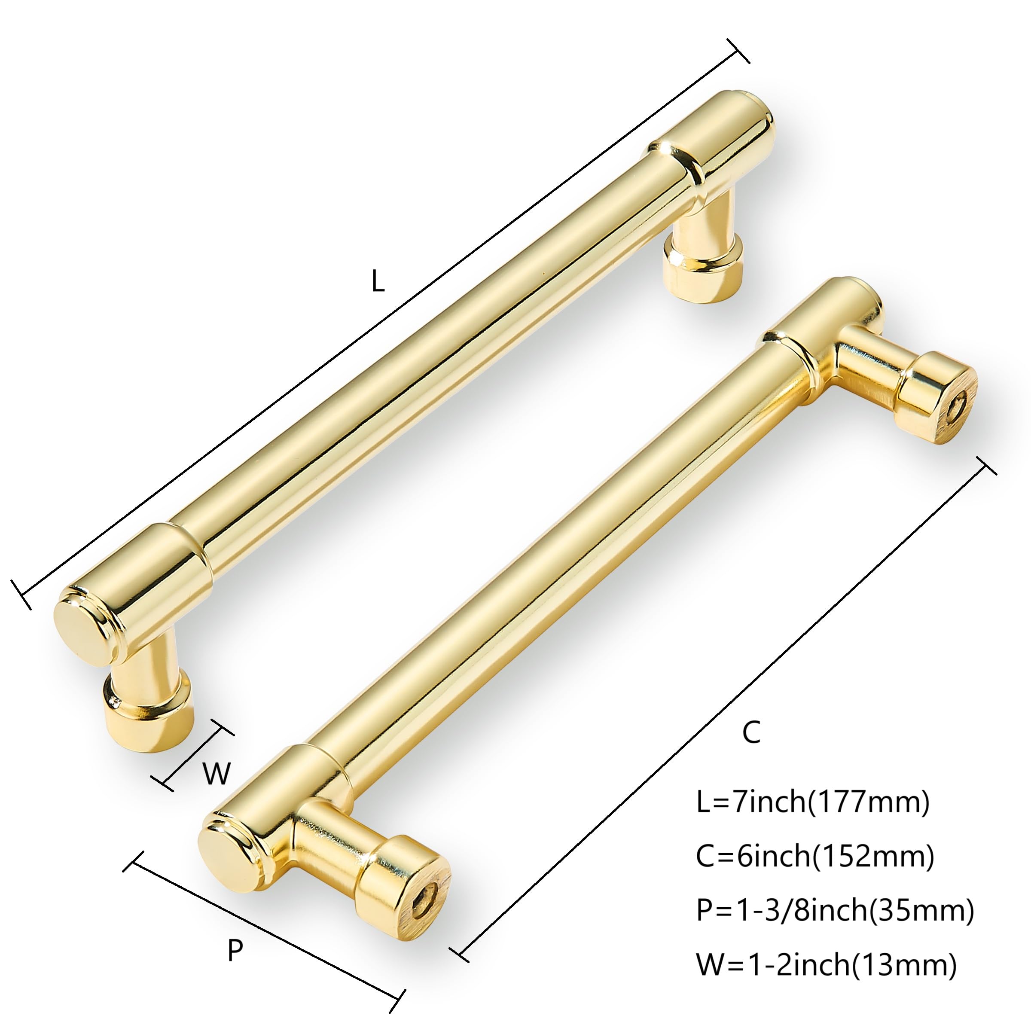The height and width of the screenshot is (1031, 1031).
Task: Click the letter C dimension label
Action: click(751, 733)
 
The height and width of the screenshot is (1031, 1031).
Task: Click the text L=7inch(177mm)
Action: click(813, 817)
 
